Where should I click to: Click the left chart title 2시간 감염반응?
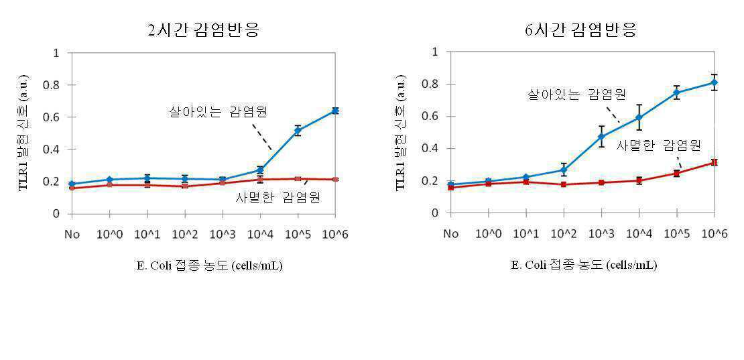[203, 31]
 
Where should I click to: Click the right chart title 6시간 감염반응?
[580, 31]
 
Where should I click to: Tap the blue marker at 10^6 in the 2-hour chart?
[335, 111]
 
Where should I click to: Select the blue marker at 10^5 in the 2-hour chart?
[298, 131]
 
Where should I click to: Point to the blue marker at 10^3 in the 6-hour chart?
[601, 137]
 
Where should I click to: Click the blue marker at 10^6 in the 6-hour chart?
[714, 82]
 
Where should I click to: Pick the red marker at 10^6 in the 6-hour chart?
[714, 162]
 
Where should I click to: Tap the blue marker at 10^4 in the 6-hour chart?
[639, 117]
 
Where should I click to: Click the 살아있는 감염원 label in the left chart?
[219, 113]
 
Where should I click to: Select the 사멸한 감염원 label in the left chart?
[278, 198]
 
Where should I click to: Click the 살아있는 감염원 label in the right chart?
[576, 95]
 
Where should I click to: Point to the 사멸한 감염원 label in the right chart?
[659, 145]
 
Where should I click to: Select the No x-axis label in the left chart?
[72, 234]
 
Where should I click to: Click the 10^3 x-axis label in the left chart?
[222, 234]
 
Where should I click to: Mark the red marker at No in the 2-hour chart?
[72, 188]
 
